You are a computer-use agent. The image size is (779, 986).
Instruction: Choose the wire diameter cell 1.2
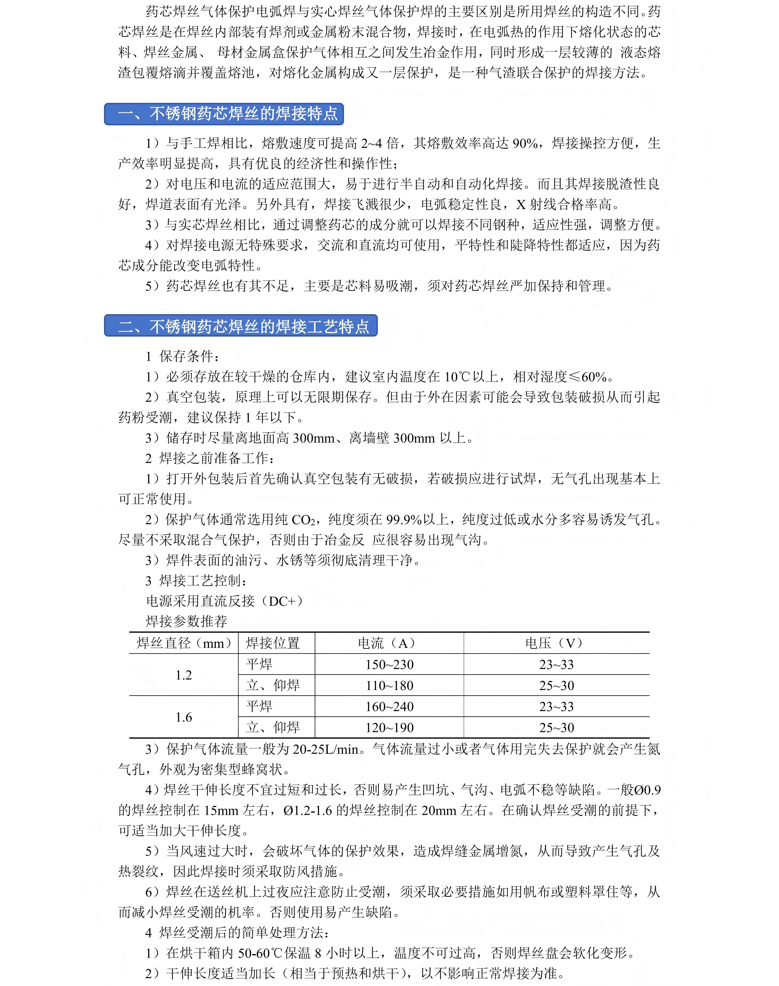click(184, 675)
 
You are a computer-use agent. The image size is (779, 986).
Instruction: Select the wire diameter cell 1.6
click(184, 717)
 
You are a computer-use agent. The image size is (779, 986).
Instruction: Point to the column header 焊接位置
click(273, 643)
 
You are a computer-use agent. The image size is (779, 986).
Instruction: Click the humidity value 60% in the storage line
click(594, 377)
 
